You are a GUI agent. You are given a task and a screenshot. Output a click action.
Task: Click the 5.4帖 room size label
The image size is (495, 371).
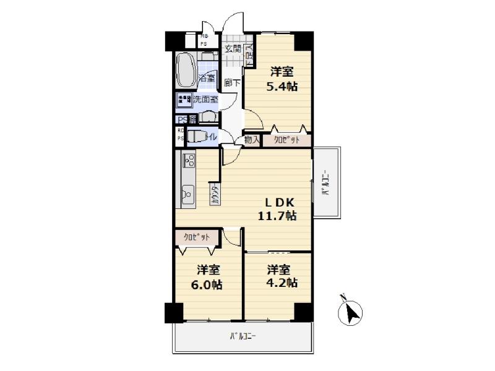point(282,87)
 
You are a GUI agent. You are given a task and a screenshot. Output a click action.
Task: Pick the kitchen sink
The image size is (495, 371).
point(187,197)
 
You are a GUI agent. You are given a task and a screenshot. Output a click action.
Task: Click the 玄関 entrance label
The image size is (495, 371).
point(232,49)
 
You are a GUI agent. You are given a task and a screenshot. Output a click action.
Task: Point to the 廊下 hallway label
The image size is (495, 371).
point(232,82)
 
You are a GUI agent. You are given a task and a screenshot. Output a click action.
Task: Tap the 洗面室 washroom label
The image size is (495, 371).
point(205,99)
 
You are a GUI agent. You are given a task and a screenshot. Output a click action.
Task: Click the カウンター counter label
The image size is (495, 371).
point(215,195)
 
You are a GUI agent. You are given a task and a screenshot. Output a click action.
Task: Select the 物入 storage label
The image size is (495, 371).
point(252,140)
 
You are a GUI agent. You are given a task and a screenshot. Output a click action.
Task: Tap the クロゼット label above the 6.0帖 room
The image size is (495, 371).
point(197,236)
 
